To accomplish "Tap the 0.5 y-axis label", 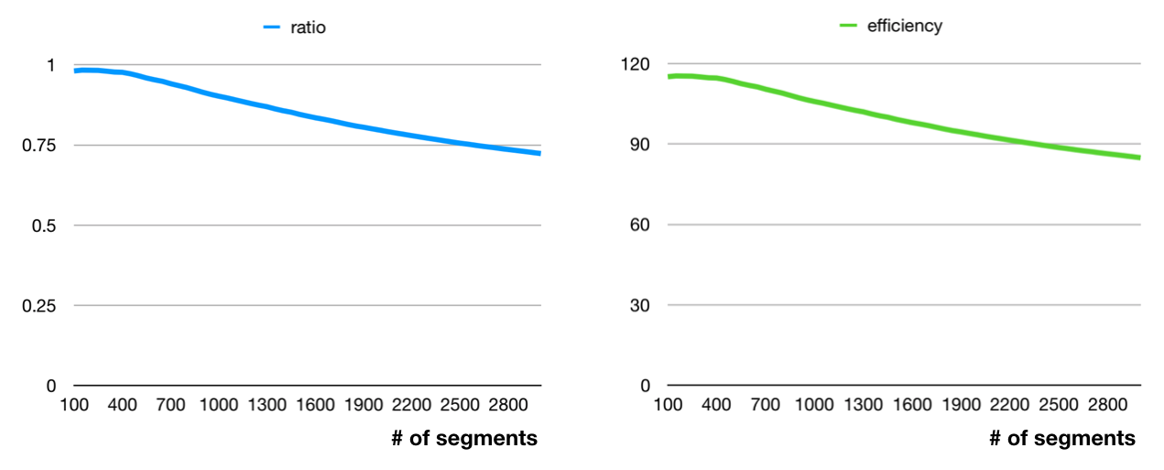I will (45, 225).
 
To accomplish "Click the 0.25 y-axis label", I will (39, 306).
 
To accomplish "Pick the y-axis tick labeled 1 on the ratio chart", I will (51, 65).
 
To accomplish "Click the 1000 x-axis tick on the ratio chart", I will (219, 405).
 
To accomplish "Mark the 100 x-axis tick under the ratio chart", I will (75, 405).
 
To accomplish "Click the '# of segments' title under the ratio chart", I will (464, 439).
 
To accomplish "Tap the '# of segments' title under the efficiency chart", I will (1062, 439).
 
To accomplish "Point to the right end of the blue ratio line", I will (539, 153).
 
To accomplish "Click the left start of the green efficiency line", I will (669, 77).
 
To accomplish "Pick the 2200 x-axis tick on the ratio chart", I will (412, 405).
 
